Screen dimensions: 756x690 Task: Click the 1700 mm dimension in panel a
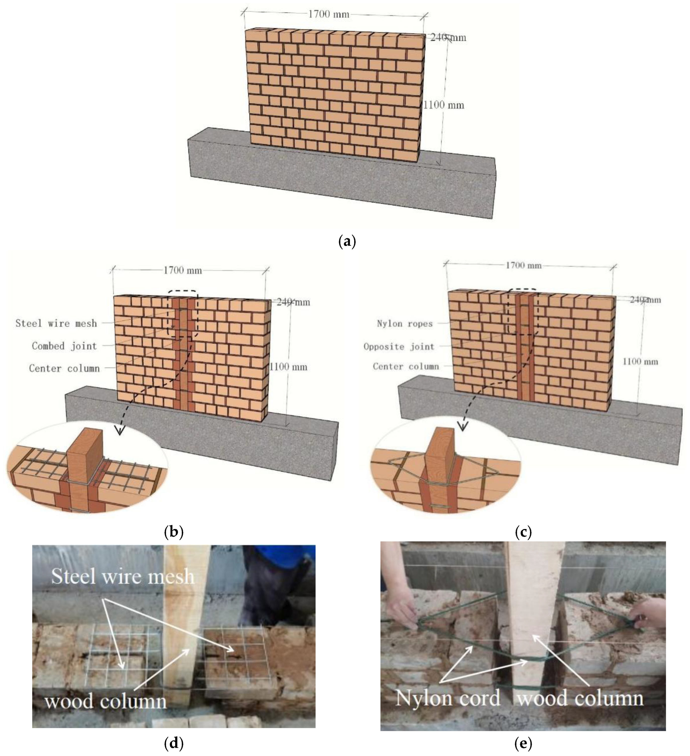[x=329, y=14]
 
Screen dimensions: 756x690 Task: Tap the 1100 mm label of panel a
[x=444, y=105]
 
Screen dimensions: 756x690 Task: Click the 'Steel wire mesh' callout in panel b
[x=56, y=323]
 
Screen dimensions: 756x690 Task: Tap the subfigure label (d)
[x=174, y=743]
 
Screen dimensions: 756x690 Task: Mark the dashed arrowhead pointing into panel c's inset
[x=464, y=426]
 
